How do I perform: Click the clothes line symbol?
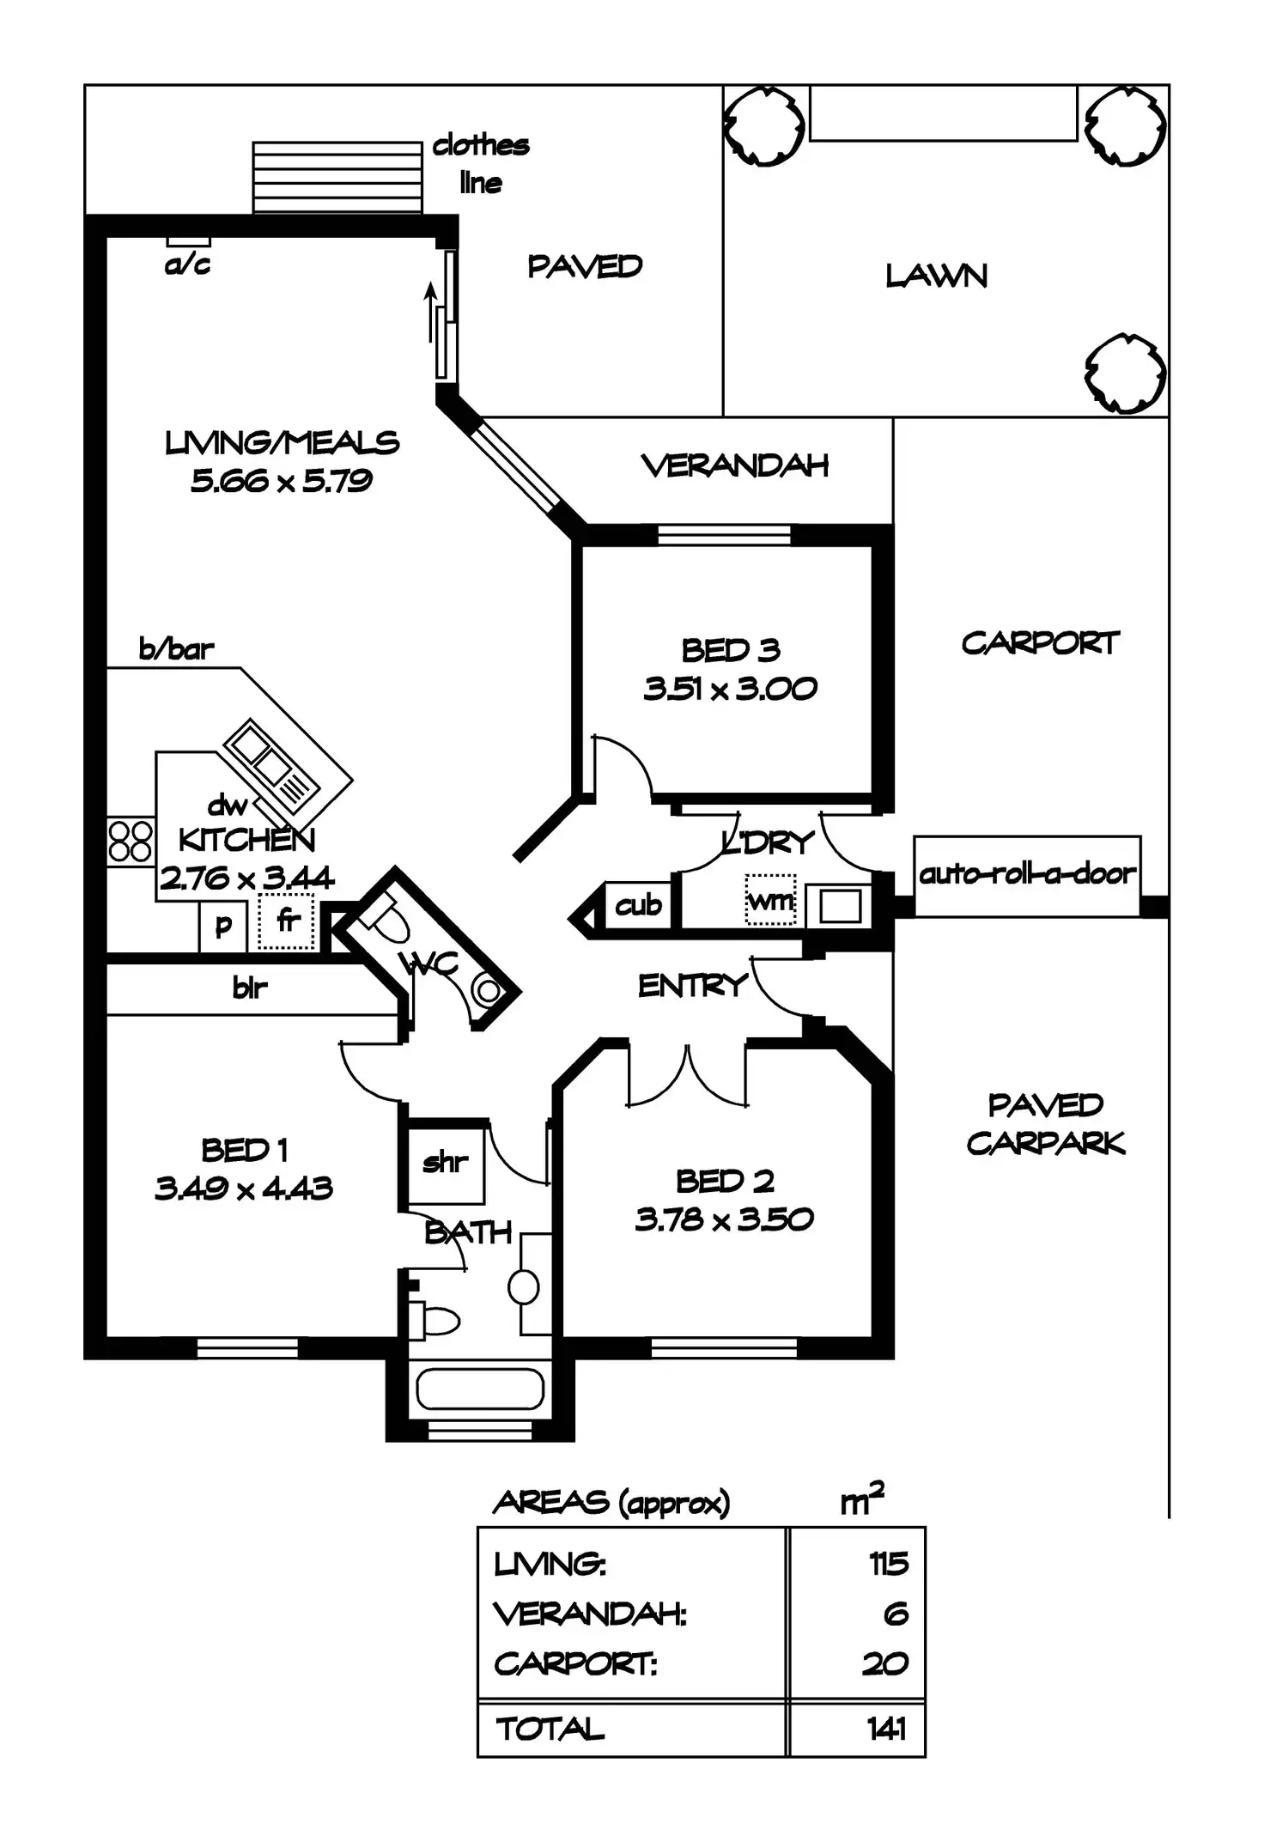(x=337, y=176)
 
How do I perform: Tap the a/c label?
(x=187, y=264)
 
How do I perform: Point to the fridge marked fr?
(x=287, y=921)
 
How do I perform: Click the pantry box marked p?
(x=223, y=926)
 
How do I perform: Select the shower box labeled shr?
(x=445, y=1163)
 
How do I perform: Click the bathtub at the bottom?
(x=479, y=1389)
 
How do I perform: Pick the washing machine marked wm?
(x=770, y=901)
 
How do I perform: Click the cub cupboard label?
(x=638, y=905)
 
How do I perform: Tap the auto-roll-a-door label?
(x=1027, y=874)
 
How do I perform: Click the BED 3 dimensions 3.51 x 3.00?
(x=730, y=689)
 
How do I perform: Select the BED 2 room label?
(x=725, y=1182)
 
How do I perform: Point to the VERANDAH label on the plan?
(x=735, y=466)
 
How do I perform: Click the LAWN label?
(x=936, y=276)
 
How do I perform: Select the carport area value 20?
(x=884, y=1663)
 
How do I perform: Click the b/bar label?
(x=176, y=649)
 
